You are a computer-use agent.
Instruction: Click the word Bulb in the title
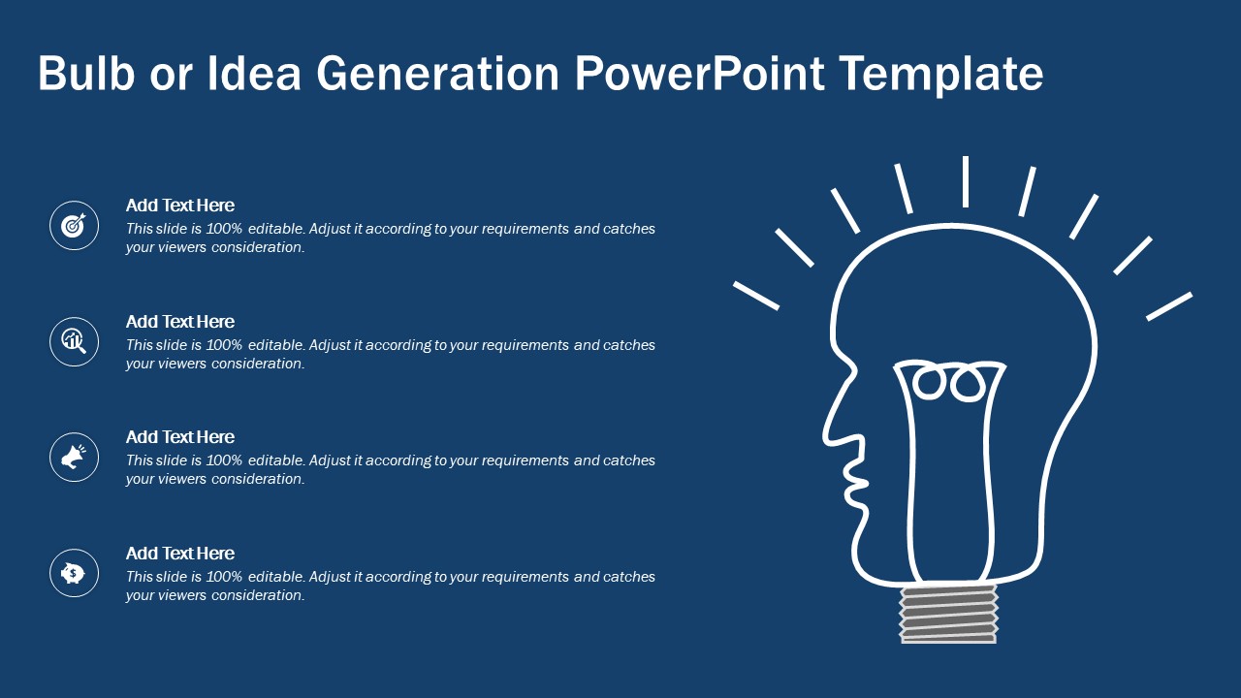point(86,73)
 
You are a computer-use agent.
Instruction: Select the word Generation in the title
point(437,73)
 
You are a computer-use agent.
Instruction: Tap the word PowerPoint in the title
point(700,73)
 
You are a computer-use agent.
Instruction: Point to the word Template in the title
point(941,75)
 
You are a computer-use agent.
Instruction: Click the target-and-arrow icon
point(74,226)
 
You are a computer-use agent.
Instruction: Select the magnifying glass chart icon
point(74,341)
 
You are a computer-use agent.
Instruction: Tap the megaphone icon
point(74,457)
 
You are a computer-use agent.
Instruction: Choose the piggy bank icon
point(74,573)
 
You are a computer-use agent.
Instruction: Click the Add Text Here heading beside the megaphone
point(180,437)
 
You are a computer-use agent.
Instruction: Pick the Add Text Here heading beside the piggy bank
point(180,554)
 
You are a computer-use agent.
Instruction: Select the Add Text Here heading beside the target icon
point(180,206)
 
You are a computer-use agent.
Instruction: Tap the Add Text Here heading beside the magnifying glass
point(180,322)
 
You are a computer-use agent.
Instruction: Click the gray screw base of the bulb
point(948,614)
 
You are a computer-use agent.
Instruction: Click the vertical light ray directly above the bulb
point(966,181)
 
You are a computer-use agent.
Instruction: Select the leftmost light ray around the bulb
point(756,296)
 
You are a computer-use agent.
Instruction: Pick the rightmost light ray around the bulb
point(1169,306)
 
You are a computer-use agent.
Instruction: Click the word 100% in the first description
point(224,229)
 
